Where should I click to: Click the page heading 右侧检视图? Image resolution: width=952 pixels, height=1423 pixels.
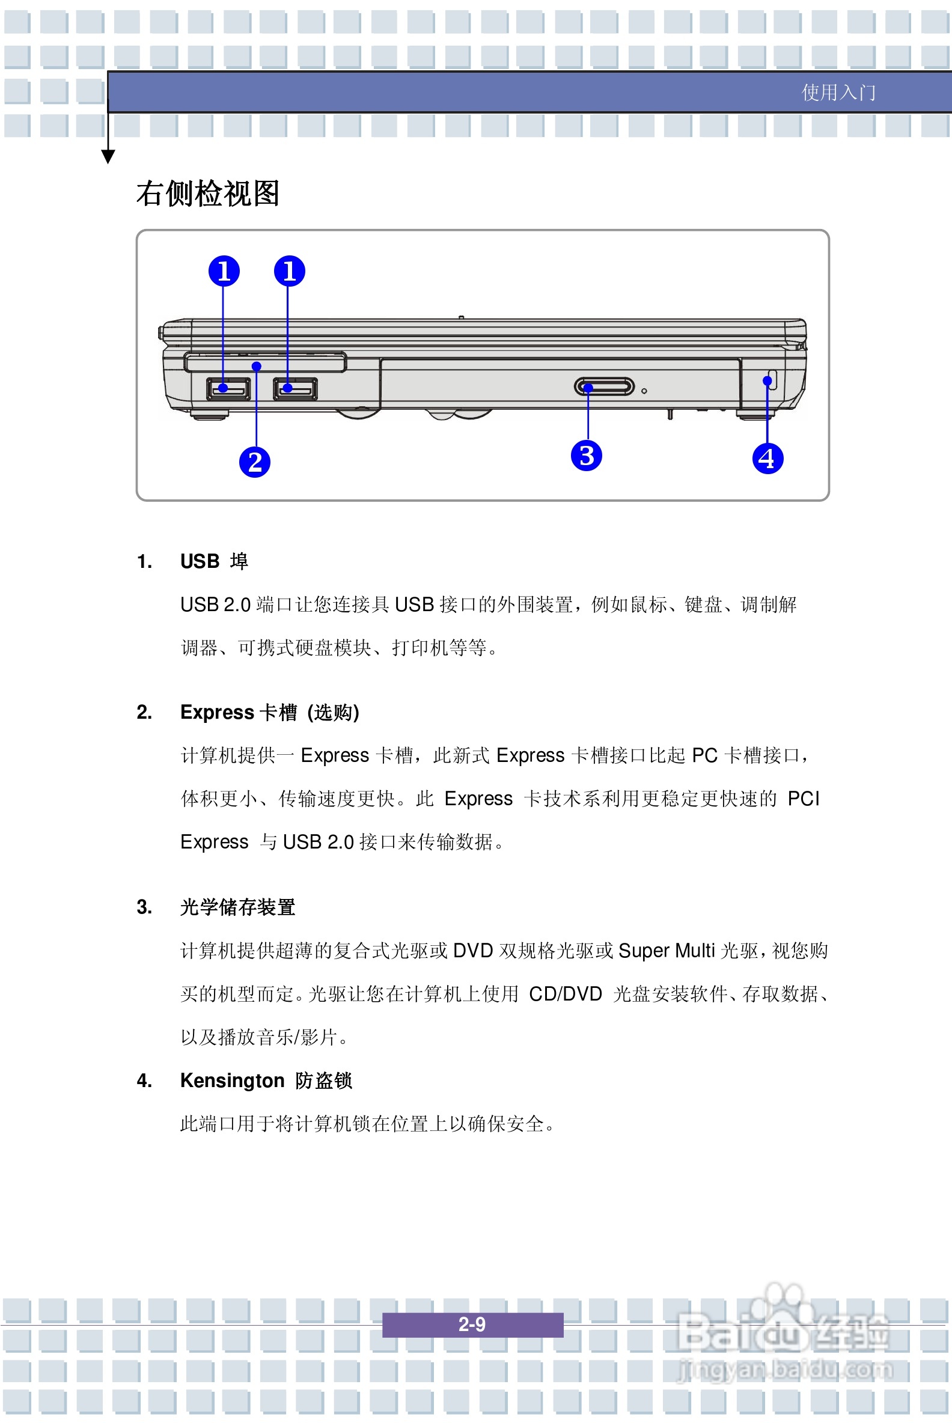click(207, 193)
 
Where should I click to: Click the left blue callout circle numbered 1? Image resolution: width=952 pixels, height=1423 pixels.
click(224, 271)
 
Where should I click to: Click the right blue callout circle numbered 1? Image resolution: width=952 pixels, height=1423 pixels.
click(289, 271)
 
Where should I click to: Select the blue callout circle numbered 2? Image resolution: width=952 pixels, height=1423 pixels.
click(254, 462)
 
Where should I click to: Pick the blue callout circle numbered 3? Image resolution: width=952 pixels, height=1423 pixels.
click(586, 456)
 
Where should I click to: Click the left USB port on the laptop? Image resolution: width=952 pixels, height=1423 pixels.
click(228, 388)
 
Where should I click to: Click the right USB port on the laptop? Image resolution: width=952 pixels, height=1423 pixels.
click(295, 388)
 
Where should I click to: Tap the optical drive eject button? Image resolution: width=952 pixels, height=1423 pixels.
click(603, 386)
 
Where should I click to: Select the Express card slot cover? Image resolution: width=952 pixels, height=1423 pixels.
click(265, 362)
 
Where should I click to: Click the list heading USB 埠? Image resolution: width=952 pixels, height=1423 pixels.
click(214, 561)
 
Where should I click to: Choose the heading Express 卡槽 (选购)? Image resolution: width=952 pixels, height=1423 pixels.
click(269, 711)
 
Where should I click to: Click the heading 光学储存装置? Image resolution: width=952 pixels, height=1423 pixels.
click(237, 907)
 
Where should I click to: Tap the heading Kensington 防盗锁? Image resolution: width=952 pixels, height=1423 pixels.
click(265, 1080)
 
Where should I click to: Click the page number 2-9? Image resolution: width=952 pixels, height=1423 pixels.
click(472, 1324)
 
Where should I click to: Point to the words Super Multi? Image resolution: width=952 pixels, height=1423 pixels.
click(666, 950)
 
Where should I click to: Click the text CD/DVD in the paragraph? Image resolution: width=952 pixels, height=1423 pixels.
click(564, 994)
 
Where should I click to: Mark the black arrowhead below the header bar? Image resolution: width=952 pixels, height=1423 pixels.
click(108, 157)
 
